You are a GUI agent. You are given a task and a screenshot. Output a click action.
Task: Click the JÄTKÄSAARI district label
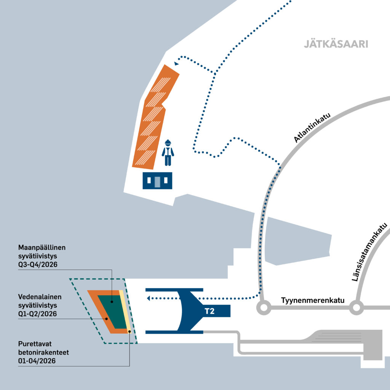point(336,44)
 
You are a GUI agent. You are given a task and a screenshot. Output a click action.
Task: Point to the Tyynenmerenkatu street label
point(313,300)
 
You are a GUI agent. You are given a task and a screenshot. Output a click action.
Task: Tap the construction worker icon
point(168,153)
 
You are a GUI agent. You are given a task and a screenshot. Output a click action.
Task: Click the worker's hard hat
point(168,142)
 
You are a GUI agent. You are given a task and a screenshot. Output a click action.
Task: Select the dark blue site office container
point(157,181)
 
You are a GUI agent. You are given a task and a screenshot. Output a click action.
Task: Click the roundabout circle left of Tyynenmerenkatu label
point(262,307)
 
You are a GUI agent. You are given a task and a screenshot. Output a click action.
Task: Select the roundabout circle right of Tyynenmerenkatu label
point(356,307)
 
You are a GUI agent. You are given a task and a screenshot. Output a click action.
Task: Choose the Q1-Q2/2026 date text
point(38,314)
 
